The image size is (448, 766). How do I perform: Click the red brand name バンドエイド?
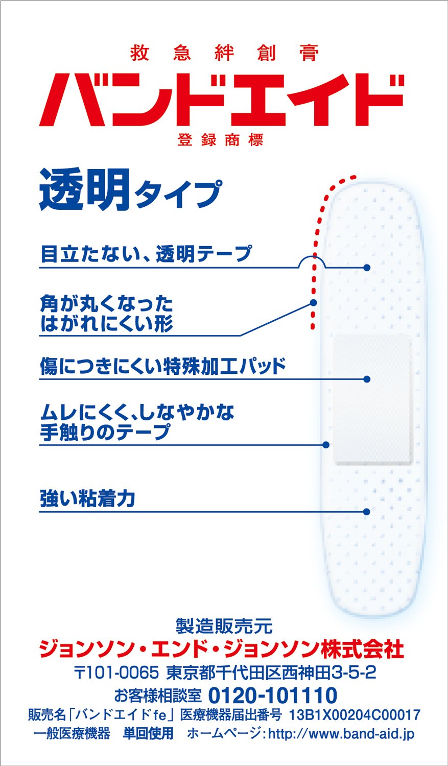(x=222, y=100)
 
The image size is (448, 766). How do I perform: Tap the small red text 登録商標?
(x=221, y=140)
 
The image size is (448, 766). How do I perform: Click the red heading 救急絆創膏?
(x=224, y=53)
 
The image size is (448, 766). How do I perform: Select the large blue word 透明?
(x=84, y=189)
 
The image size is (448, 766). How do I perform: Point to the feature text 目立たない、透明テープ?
(x=146, y=254)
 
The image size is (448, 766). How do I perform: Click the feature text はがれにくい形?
(x=107, y=323)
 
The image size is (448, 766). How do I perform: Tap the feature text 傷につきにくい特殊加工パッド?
(x=163, y=366)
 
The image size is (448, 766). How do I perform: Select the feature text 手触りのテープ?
(x=105, y=432)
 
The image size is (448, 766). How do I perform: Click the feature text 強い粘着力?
(x=87, y=498)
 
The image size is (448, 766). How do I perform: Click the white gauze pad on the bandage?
(x=373, y=399)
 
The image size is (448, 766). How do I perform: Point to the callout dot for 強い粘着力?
(x=367, y=512)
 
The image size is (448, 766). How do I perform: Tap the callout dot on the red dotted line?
(x=313, y=303)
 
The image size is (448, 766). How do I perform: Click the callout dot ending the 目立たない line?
(x=367, y=268)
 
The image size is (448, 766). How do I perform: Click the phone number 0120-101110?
(x=273, y=695)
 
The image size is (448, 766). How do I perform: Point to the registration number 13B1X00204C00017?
(x=355, y=715)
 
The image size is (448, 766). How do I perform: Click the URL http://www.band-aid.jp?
(x=341, y=734)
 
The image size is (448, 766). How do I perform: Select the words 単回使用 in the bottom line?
(x=148, y=733)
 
